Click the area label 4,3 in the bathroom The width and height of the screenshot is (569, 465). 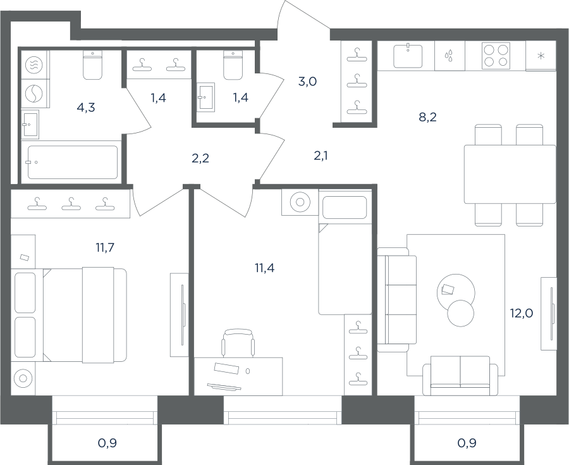click(x=87, y=108)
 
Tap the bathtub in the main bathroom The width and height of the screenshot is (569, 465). click(x=73, y=162)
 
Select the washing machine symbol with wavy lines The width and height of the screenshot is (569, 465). click(x=34, y=65)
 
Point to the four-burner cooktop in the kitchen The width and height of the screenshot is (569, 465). click(x=496, y=56)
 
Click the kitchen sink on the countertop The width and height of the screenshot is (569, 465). click(x=408, y=56)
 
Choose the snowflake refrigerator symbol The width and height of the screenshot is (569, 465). click(x=541, y=56)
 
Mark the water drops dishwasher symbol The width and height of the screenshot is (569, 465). click(x=450, y=56)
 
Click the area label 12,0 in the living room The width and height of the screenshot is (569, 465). click(x=522, y=313)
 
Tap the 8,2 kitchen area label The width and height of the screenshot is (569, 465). click(x=428, y=117)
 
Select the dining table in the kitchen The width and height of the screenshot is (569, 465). click(x=510, y=174)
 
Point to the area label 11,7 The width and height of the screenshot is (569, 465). click(x=105, y=247)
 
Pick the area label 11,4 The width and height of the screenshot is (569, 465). click(x=264, y=268)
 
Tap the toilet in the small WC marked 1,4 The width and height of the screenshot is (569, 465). click(x=233, y=65)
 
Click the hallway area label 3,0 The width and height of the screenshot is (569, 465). click(x=307, y=82)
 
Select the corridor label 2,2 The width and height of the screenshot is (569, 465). click(x=200, y=158)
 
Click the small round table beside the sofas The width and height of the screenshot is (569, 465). click(x=461, y=314)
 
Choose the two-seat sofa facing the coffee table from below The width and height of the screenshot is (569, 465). click(x=460, y=376)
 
